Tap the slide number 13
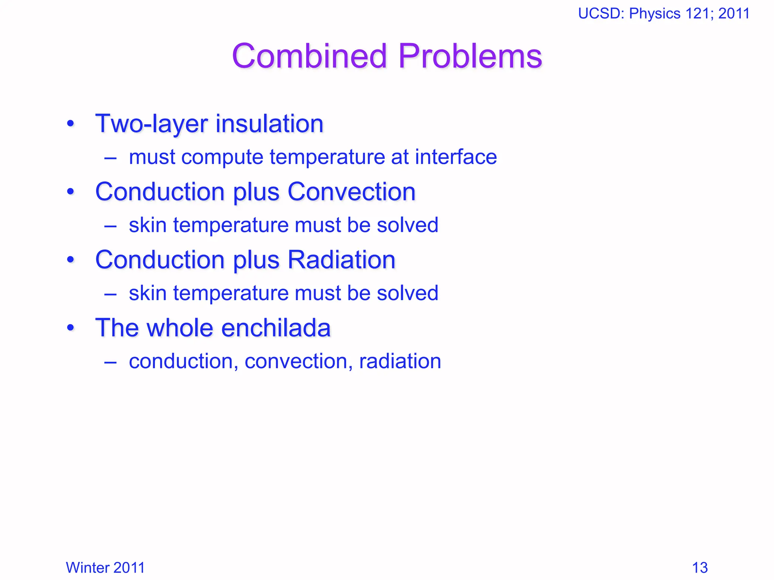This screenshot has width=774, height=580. tap(700, 568)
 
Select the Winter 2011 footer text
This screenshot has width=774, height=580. tap(105, 568)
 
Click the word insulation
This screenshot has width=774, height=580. tap(269, 124)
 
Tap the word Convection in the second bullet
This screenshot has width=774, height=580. tap(351, 192)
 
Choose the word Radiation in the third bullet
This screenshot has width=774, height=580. tap(341, 260)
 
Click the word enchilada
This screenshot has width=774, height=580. tap(276, 328)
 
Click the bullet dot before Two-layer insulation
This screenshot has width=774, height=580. tap(70, 124)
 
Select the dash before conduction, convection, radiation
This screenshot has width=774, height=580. tap(110, 362)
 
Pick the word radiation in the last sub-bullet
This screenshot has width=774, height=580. tap(400, 361)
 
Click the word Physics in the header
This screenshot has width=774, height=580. tap(655, 14)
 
